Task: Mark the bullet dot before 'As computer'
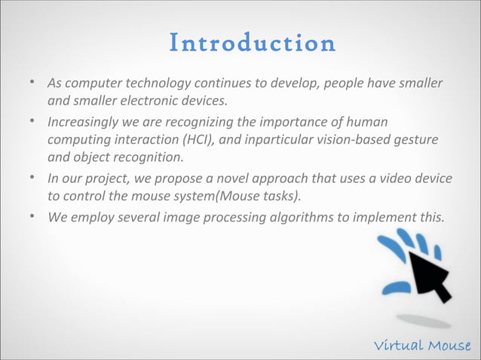click(x=32, y=81)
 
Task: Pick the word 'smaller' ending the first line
click(x=421, y=82)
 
